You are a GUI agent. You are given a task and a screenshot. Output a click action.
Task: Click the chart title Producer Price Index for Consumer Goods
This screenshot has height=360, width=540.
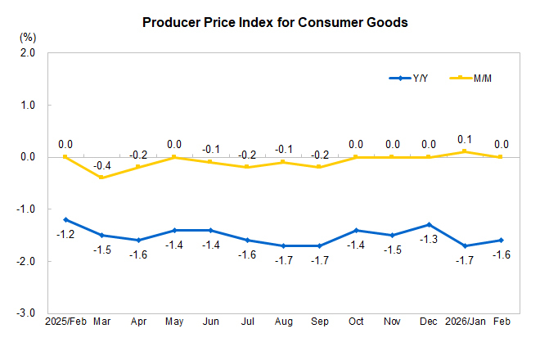click(275, 23)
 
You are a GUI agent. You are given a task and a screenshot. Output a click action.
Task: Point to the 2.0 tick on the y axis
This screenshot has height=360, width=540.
click(28, 53)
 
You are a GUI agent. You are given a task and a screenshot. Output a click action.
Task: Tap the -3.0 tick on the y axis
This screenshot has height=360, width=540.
click(27, 313)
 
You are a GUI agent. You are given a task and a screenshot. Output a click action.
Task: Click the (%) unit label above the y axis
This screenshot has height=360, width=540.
click(28, 37)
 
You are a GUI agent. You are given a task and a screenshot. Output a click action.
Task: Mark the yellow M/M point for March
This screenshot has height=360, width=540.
click(101, 178)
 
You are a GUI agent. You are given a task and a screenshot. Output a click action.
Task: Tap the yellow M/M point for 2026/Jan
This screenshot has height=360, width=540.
click(464, 151)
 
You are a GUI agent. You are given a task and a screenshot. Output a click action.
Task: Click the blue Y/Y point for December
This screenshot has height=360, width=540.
click(428, 224)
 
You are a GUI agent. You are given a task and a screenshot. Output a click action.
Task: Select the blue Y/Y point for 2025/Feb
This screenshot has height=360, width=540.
click(65, 219)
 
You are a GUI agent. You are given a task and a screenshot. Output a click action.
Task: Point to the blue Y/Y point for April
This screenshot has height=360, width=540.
click(137, 240)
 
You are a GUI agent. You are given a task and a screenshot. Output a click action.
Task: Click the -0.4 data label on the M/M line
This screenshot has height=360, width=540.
click(101, 165)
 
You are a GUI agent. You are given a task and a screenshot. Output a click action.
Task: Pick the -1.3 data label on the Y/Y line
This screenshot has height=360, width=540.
click(428, 239)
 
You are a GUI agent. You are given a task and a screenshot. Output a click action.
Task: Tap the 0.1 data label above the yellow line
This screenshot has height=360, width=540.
click(464, 139)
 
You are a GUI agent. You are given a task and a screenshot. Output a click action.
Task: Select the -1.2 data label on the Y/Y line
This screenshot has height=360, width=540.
click(65, 234)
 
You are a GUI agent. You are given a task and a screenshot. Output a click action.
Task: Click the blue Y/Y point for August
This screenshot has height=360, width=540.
click(282, 245)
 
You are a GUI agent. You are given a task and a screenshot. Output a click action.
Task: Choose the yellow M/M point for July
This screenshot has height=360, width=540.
click(246, 167)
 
